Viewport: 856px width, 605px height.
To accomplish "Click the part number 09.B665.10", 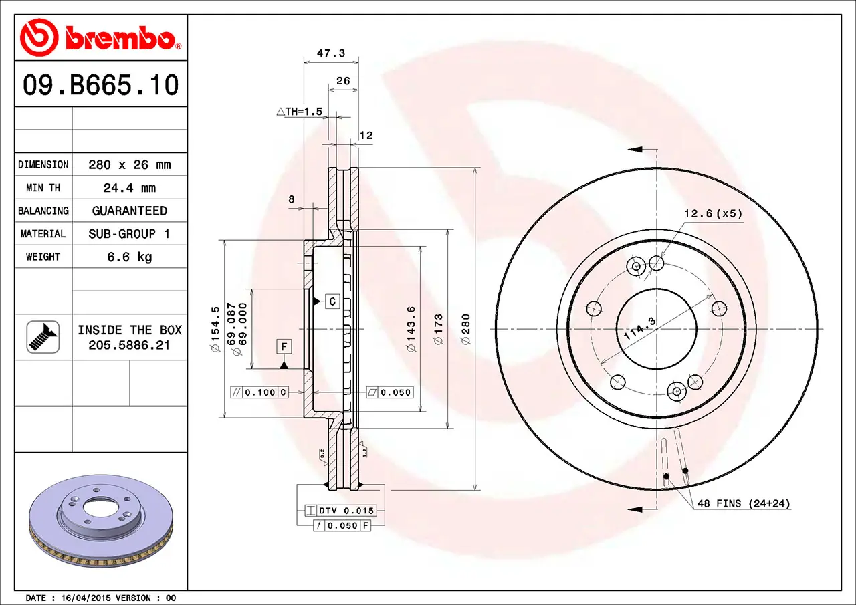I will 101,85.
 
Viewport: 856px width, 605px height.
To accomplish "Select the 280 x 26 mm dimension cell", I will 130,165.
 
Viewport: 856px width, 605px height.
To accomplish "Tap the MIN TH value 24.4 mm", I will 130,188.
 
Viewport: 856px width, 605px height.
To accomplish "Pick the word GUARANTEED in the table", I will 130,211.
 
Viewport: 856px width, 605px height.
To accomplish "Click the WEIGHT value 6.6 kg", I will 130,257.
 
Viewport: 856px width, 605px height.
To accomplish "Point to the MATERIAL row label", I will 43,234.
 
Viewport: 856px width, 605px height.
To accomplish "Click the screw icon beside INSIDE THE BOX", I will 43,337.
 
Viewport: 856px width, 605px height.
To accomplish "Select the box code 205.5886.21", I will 130,345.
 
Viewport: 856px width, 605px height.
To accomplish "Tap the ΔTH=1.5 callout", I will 300,112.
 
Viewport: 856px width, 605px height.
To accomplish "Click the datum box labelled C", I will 332,301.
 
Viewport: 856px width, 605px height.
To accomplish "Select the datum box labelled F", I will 284,346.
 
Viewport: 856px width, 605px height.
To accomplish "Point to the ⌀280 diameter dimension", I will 466,329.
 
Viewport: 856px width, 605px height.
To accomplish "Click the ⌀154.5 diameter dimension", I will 215,329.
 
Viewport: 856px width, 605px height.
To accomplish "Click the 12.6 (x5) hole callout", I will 712,214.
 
